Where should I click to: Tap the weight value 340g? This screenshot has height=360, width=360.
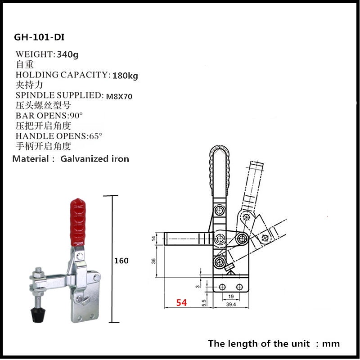68,54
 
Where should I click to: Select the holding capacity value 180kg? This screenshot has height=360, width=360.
125,75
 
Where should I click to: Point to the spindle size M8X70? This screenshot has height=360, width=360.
119,96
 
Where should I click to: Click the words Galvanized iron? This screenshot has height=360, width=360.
94,158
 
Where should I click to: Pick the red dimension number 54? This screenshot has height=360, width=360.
181,302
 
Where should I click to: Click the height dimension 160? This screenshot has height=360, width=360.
121,261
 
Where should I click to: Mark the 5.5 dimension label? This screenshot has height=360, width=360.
204,302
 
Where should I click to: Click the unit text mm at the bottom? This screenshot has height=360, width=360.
331,344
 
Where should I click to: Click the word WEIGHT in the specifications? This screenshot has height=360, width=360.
35,54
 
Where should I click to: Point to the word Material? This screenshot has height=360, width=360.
31,158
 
